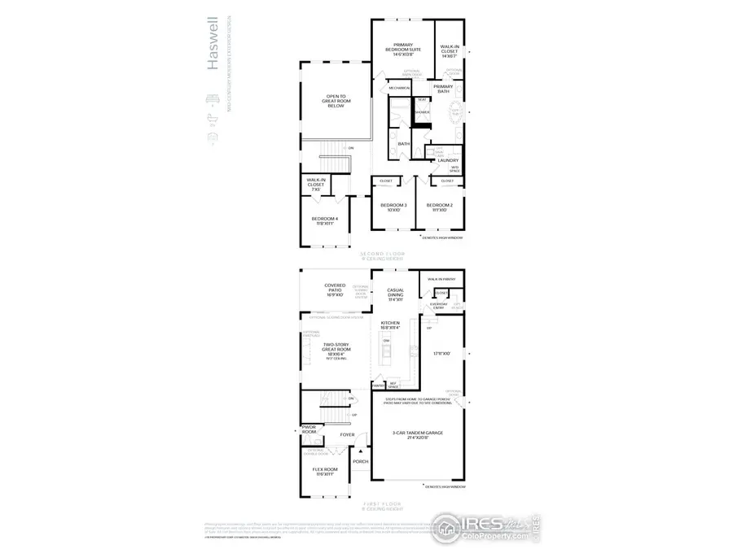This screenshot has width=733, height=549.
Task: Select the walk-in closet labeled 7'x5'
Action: (x=316, y=184)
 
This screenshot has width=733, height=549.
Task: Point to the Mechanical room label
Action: (x=399, y=87)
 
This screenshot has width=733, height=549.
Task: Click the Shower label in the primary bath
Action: (x=421, y=112)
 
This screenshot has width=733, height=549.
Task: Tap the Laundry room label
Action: (x=448, y=160)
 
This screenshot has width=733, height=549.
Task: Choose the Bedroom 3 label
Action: (x=394, y=207)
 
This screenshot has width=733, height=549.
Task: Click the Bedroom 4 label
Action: (x=324, y=220)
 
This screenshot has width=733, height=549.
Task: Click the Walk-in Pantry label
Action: (x=441, y=280)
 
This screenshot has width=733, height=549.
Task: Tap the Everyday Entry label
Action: (x=438, y=307)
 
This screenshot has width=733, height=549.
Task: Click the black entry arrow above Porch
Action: (x=360, y=451)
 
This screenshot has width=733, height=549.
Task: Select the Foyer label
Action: (x=348, y=435)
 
